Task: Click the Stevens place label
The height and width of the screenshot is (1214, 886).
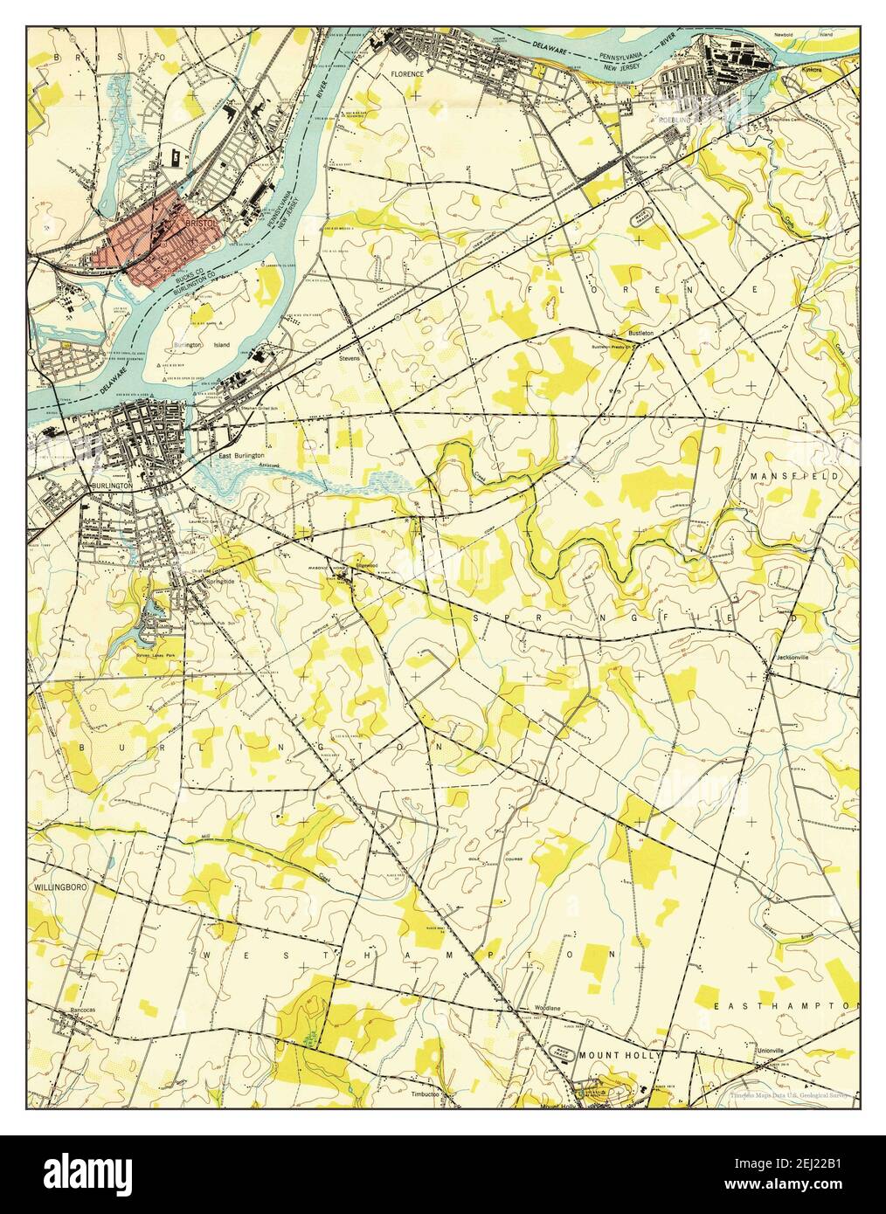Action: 350,359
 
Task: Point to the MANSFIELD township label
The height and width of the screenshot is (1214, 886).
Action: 793,476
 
